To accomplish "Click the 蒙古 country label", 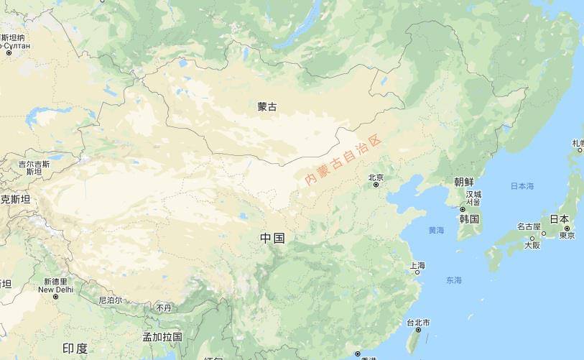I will tap(266, 107).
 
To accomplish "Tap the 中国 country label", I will tap(273, 238).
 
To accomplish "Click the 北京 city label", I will tap(376, 177).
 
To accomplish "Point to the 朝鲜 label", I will tap(464, 182).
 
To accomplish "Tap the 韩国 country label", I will tap(469, 218).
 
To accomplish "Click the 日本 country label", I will tap(559, 219).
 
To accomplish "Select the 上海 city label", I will tap(417, 266).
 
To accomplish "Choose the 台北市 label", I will tap(417, 323).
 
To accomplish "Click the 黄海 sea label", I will tap(436, 231).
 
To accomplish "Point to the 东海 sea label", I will tap(454, 280).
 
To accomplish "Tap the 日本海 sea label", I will tap(522, 186).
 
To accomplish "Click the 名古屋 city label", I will tap(528, 226).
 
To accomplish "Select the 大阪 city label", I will tap(532, 245).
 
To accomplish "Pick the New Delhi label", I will tap(55, 290).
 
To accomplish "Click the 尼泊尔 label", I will tap(110, 300).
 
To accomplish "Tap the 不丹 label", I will tap(164, 308).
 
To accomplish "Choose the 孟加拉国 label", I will tap(162, 336).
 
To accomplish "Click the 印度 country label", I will tap(75, 349).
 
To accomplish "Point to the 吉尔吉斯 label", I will tap(34, 165).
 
